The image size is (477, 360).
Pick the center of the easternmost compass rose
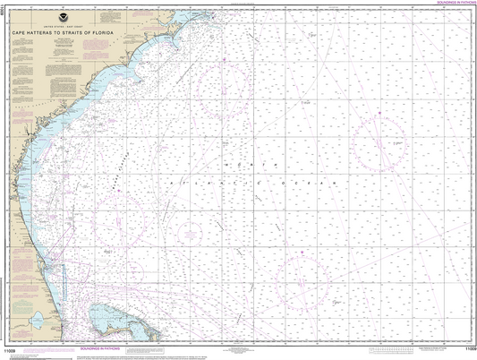[x=378, y=143]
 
